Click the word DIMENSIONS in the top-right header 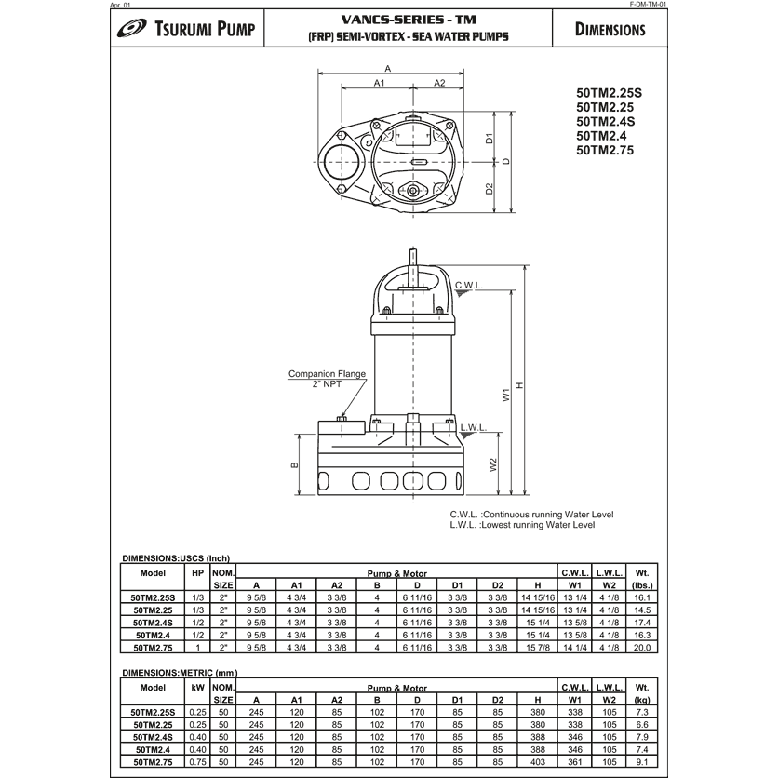point(610,29)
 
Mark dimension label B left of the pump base point(295,464)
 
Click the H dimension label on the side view point(520,386)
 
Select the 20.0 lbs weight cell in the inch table point(641,646)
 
